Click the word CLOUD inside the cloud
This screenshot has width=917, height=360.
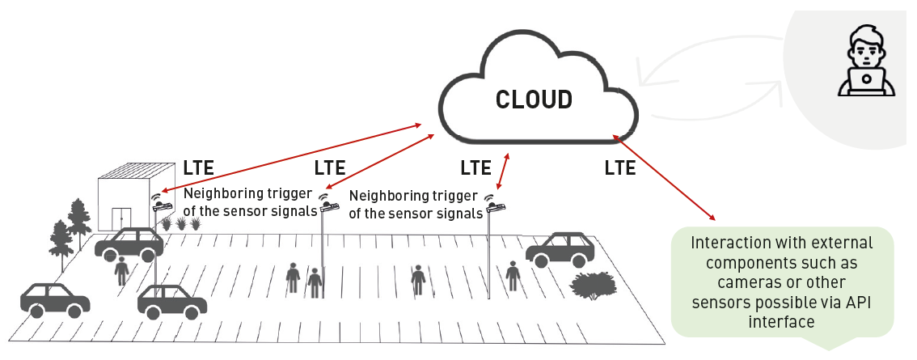pyautogui.click(x=534, y=100)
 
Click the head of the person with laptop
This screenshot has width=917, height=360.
pyautogui.click(x=864, y=44)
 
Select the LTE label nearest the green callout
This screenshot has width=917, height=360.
pyautogui.click(x=619, y=168)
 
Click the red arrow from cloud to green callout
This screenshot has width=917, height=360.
pyautogui.click(x=665, y=177)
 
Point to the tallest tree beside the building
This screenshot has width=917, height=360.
pyautogui.click(x=78, y=214)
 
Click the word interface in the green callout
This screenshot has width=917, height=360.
pyautogui.click(x=782, y=321)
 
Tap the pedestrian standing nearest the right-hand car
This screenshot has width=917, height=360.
pyautogui.click(x=512, y=276)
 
